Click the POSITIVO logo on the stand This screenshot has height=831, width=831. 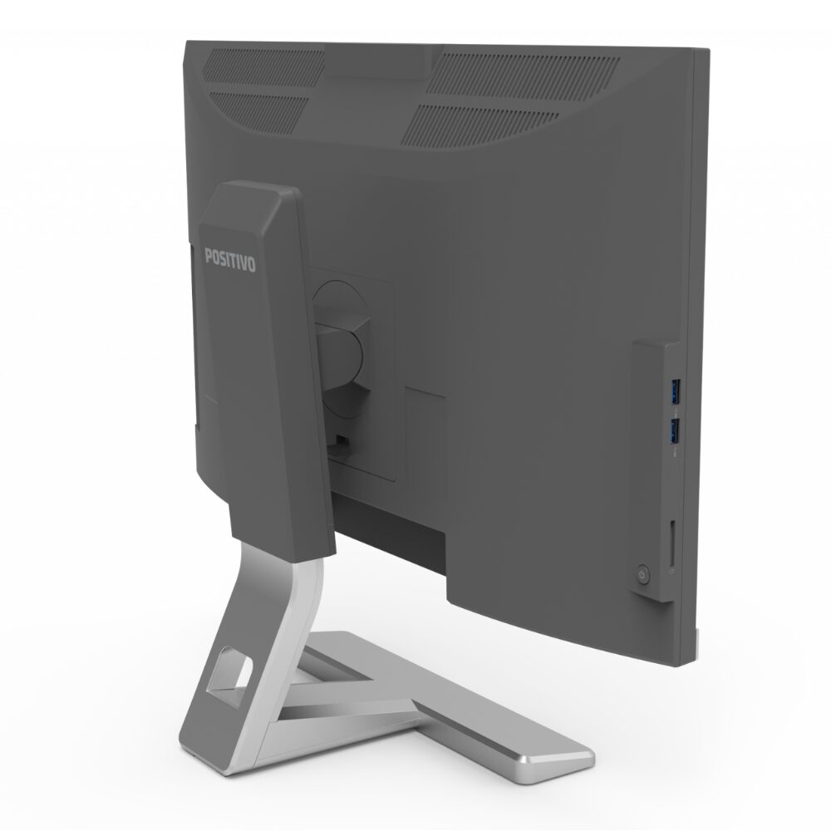click(230, 258)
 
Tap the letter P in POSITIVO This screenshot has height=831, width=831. click(209, 255)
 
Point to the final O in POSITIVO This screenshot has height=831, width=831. click(251, 264)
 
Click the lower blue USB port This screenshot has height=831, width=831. click(675, 430)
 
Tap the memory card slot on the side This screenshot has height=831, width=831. click(671, 543)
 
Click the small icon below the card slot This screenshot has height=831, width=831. click(672, 572)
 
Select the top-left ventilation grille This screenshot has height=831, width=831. click(263, 66)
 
